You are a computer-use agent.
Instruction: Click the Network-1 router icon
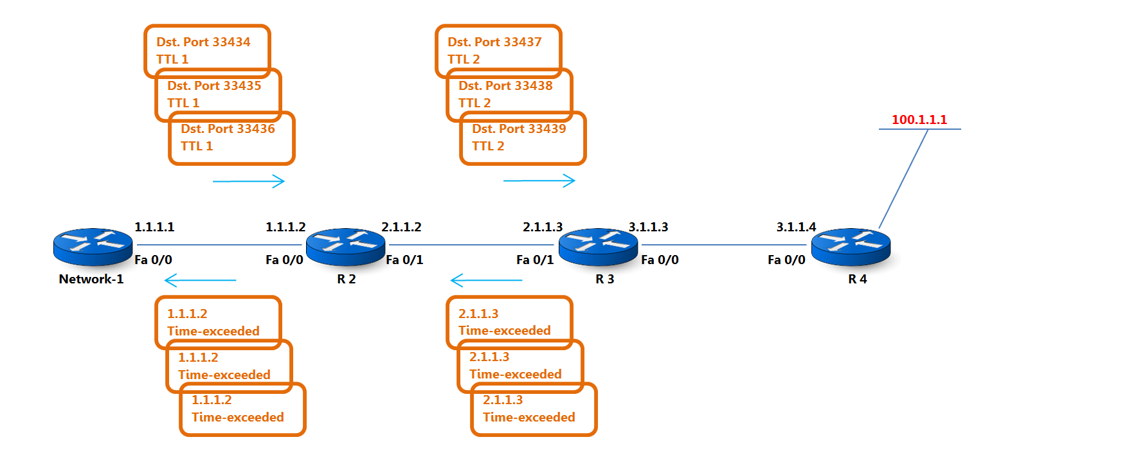(x=93, y=247)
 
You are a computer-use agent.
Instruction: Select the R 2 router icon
(x=345, y=247)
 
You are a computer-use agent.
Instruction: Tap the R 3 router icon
(x=598, y=247)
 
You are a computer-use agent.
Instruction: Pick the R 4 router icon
(x=851, y=247)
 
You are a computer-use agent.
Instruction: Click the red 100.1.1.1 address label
(x=919, y=120)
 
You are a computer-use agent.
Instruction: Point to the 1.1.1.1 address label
(x=154, y=227)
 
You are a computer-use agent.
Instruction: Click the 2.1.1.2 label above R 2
(x=401, y=227)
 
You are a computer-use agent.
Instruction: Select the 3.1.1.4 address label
(x=796, y=227)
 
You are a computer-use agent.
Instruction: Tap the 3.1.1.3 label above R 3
(x=648, y=227)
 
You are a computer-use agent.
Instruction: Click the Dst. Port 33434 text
(x=203, y=42)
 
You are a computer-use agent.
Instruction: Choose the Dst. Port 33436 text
(x=228, y=129)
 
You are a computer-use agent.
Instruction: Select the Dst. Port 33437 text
(x=494, y=42)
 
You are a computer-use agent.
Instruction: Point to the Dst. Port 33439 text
(x=519, y=129)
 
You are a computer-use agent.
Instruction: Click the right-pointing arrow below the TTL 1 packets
(x=249, y=181)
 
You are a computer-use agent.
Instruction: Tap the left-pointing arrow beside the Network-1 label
(x=200, y=280)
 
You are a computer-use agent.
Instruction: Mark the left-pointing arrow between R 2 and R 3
(x=486, y=280)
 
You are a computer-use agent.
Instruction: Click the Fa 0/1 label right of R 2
(x=404, y=260)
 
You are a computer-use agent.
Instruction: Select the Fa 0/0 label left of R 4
(x=786, y=260)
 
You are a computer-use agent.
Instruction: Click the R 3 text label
(x=604, y=279)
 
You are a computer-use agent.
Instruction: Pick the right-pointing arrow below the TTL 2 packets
(x=539, y=181)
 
